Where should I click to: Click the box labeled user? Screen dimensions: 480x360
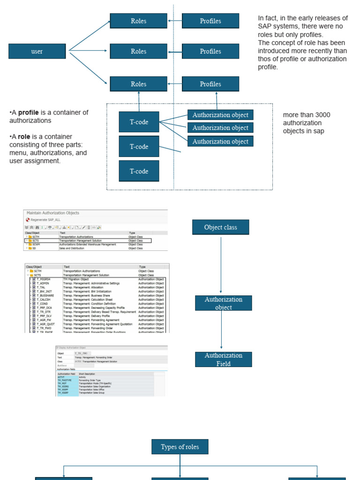click(x=37, y=51)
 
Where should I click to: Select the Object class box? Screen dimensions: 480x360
click(x=220, y=227)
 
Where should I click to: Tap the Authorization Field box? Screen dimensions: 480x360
click(x=223, y=360)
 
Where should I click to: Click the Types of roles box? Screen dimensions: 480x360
click(x=180, y=447)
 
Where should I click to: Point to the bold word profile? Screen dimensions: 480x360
click(x=28, y=112)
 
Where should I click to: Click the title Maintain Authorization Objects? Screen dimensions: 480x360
click(x=53, y=213)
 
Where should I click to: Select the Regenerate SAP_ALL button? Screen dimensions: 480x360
click(x=45, y=220)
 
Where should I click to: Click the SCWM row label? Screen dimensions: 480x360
click(x=37, y=244)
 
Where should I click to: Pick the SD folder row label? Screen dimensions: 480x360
click(x=35, y=248)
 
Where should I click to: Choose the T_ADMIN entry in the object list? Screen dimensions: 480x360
click(x=43, y=284)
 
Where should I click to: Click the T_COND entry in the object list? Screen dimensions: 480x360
click(x=42, y=304)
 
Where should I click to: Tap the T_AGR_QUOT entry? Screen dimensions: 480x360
click(x=45, y=324)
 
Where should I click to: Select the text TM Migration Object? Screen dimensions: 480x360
click(x=76, y=279)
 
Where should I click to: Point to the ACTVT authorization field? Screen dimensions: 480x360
click(x=61, y=376)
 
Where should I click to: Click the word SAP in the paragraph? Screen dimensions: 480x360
click(x=264, y=27)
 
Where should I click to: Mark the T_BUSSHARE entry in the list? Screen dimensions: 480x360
click(x=45, y=296)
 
